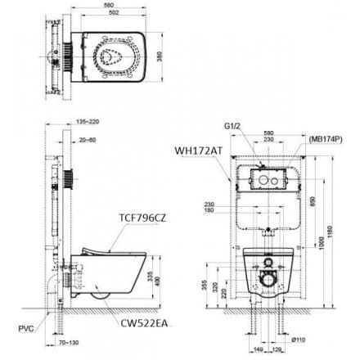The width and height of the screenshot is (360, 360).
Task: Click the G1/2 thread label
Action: click(232, 127)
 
